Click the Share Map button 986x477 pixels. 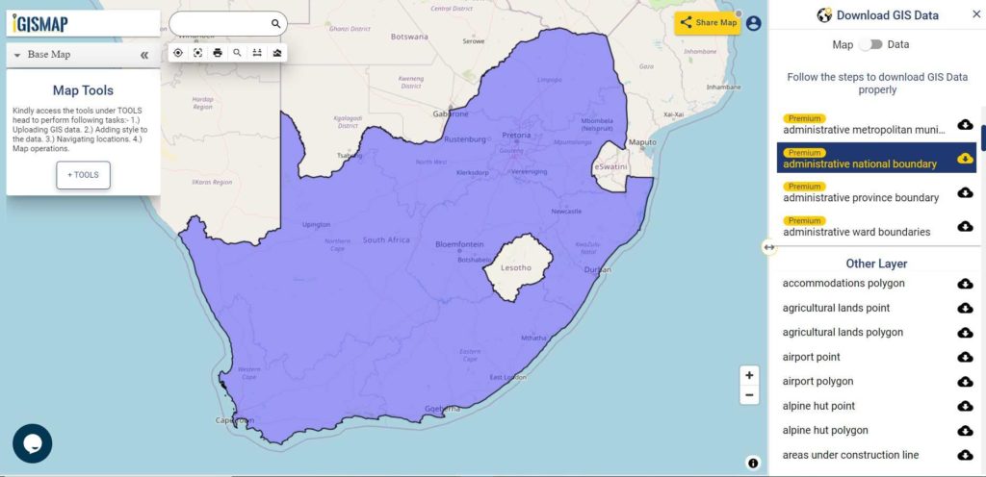coord(708,23)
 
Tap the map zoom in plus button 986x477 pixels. coord(750,375)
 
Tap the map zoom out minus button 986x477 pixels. coord(750,395)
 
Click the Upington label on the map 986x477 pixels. coord(316,224)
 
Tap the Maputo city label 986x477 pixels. coord(641,143)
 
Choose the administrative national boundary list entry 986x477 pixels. coord(860,163)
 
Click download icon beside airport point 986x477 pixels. coord(965,357)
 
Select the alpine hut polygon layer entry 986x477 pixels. coord(825,430)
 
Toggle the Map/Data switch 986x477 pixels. coord(870,44)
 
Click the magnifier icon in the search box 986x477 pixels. coord(275,24)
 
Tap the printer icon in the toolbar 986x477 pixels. coord(218,53)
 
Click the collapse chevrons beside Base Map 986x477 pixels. coord(144,55)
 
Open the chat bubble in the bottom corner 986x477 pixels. coord(32,443)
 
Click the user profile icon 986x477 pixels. coord(753,23)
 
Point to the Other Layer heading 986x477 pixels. coord(876,264)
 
